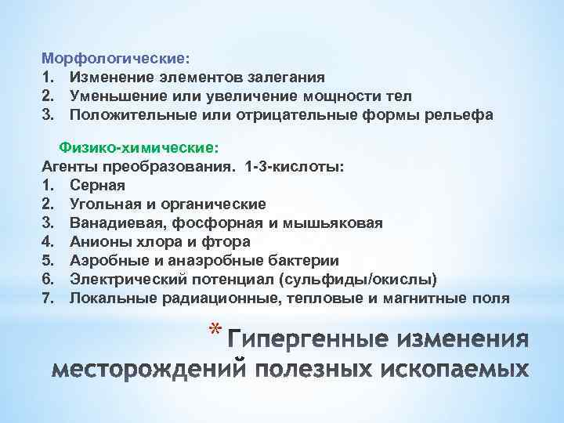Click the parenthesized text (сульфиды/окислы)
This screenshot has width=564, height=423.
(365, 279)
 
